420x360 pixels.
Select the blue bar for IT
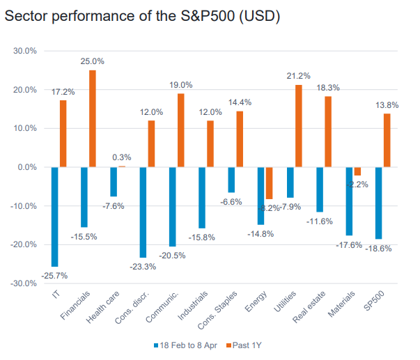tap(55, 217)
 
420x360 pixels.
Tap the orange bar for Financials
tap(93, 118)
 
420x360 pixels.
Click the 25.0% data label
tap(94, 61)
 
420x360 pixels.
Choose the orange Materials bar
tap(357, 171)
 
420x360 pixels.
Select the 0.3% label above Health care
tap(122, 157)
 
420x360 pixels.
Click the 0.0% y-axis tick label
tap(27, 167)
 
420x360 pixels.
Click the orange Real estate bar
tap(328, 132)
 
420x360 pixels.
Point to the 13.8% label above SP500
tap(387, 104)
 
